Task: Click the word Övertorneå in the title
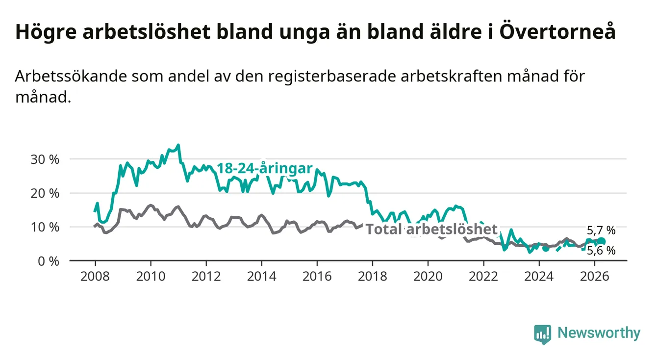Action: [x=557, y=31]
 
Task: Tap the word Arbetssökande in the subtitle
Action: [x=71, y=76]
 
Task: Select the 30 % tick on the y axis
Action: [x=45, y=159]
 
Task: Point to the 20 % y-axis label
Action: [x=45, y=193]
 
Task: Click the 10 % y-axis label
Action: [x=45, y=228]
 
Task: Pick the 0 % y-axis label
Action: [x=49, y=261]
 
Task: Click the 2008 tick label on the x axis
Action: [x=95, y=277]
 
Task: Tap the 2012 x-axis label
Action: [x=206, y=277]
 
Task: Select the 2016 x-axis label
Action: [x=317, y=277]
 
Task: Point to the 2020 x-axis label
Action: [x=428, y=277]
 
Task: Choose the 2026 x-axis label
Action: [x=595, y=277]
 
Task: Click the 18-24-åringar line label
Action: [x=265, y=168]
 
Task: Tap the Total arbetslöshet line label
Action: [x=432, y=229]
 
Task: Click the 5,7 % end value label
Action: [x=601, y=231]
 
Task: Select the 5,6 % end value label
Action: [x=601, y=251]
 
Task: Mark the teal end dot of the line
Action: [x=601, y=241]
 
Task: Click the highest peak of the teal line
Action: [x=178, y=145]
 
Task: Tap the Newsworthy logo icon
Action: [x=543, y=334]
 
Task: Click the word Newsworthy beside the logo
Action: [x=599, y=333]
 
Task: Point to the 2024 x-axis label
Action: [x=539, y=277]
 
